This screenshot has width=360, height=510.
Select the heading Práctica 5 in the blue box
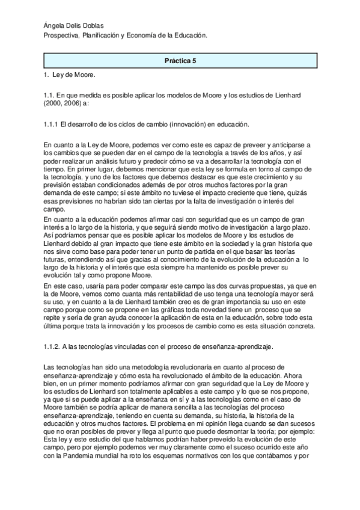(180, 61)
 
